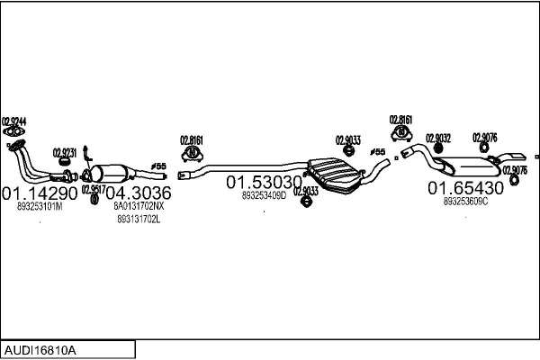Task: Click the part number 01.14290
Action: tap(40, 193)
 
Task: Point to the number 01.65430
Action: tap(464, 188)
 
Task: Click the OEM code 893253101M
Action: tap(40, 207)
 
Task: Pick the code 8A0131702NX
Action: tap(139, 206)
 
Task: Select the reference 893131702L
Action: tap(139, 219)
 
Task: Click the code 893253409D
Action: tap(264, 194)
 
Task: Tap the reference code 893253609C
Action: tap(465, 202)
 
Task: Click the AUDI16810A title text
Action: tap(41, 349)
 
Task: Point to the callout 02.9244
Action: tap(14, 121)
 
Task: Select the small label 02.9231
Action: tap(65, 152)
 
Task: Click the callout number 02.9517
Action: tap(93, 189)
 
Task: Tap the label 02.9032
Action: tap(438, 139)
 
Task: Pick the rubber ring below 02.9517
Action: tap(94, 199)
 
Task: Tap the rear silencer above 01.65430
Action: tap(472, 166)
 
